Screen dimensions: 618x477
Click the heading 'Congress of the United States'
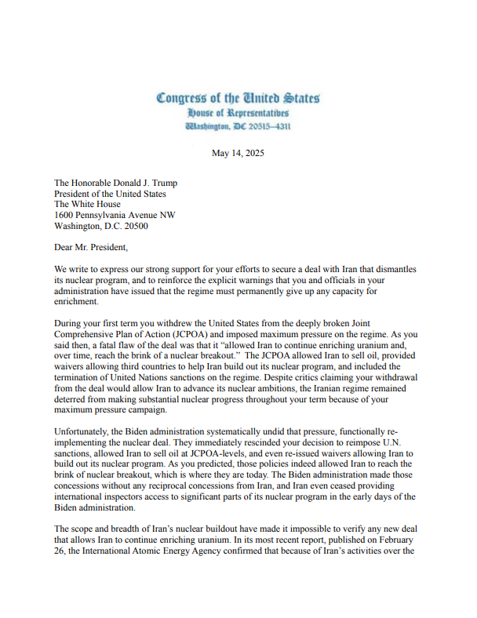(238, 99)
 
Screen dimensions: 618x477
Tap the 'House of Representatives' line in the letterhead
(238, 113)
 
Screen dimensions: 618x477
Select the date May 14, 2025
(238, 153)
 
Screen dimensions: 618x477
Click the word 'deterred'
(75, 398)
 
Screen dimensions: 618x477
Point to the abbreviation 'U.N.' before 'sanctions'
(400, 442)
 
